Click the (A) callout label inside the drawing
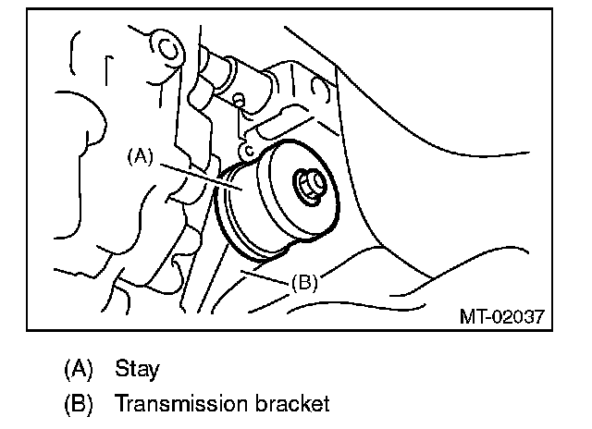click(x=139, y=157)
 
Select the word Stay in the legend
click(x=137, y=369)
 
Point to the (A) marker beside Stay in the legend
click(x=78, y=369)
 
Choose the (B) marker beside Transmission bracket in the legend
click(x=78, y=404)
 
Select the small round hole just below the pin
click(x=240, y=99)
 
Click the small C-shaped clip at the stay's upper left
click(x=246, y=150)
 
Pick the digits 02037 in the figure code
click(x=516, y=317)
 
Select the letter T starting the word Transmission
click(x=120, y=404)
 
